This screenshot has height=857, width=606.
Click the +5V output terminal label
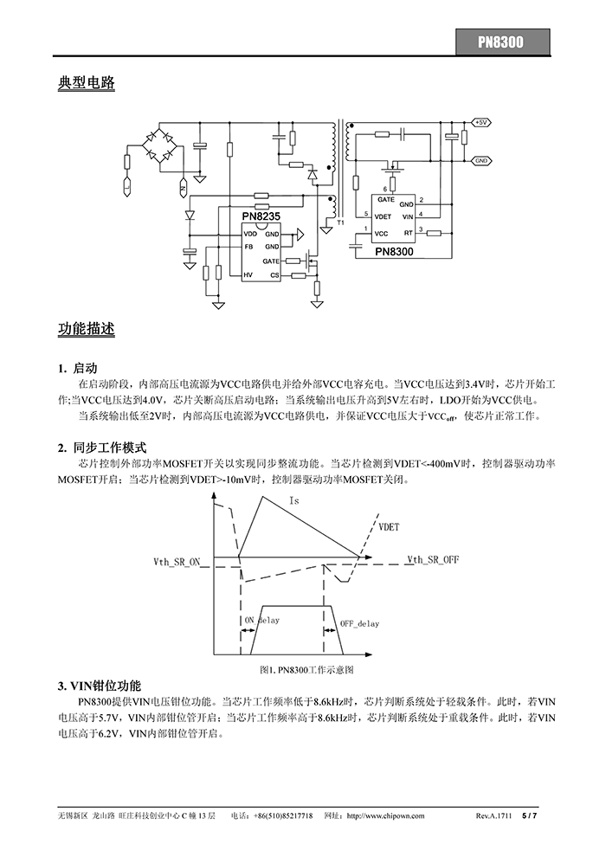[482, 122]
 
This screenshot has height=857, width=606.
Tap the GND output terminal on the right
[482, 160]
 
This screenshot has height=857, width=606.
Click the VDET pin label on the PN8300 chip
[385, 214]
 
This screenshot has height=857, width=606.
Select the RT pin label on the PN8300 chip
[407, 233]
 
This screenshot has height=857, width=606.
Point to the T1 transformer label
[340, 223]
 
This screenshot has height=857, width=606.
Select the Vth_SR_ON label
[177, 562]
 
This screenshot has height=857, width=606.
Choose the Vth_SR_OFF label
[433, 560]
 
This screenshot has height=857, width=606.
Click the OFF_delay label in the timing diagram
[359, 623]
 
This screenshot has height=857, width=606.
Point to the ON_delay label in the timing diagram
[262, 621]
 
